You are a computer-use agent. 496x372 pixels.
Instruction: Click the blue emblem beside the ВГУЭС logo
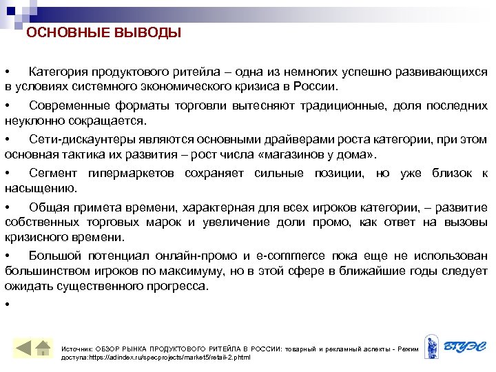pos(431,347)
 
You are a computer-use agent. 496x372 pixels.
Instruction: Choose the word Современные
pos(70,105)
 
